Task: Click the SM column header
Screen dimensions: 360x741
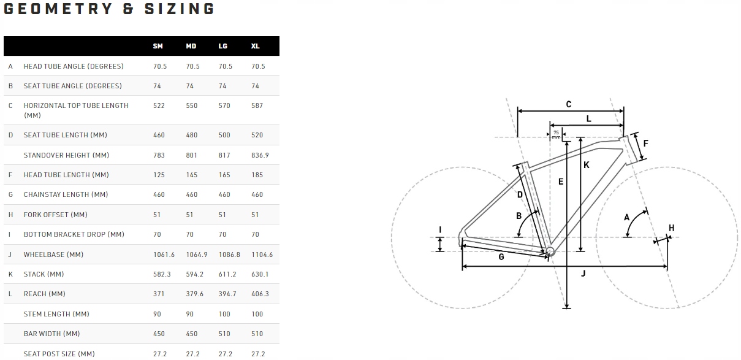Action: click(158, 46)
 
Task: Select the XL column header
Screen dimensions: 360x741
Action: click(256, 46)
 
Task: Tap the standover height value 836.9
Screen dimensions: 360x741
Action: click(260, 155)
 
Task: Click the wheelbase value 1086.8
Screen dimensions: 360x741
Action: click(229, 255)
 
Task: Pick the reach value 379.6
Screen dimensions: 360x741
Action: click(195, 294)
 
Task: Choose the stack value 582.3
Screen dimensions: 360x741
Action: click(162, 274)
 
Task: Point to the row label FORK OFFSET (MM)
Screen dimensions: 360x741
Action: click(55, 215)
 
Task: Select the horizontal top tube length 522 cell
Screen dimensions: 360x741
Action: click(159, 105)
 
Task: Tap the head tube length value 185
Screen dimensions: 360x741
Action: click(257, 175)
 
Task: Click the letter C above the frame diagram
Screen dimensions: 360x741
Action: click(568, 104)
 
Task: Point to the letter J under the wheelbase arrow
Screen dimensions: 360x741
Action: click(583, 274)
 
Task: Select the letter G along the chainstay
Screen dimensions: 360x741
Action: click(501, 257)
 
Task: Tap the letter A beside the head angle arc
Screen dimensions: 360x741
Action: click(626, 217)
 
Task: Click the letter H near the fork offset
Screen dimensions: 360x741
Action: click(671, 228)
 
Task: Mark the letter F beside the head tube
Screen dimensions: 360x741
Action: click(645, 144)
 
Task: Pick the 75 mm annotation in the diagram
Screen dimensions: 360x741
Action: click(556, 134)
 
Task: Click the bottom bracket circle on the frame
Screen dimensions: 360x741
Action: click(550, 251)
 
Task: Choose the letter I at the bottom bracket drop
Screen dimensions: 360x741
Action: click(439, 231)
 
